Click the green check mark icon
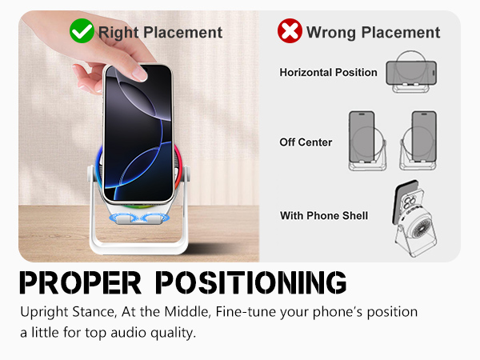81,31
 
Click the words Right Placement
159,32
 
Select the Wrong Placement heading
373,32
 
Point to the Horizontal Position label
328,73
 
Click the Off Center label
306,142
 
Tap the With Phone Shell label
323,216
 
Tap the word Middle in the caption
194,311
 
